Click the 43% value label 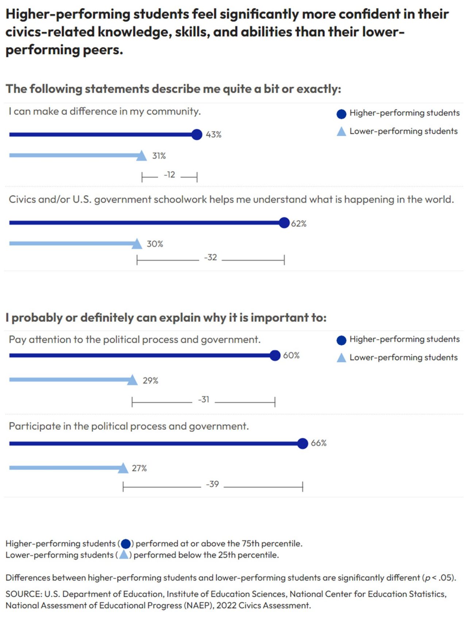[213, 134]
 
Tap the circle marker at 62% [284, 223]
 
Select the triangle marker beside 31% [142, 156]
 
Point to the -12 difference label [169, 175]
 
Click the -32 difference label [211, 258]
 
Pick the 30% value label [155, 244]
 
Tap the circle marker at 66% [302, 443]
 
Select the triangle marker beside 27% [123, 468]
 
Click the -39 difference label [212, 484]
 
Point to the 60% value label [291, 355]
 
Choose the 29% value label [150, 381]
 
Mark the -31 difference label [204, 400]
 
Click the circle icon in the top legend [341, 114]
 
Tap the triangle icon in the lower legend [341, 358]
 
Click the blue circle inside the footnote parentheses [126, 544]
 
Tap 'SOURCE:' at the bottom [24, 594]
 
